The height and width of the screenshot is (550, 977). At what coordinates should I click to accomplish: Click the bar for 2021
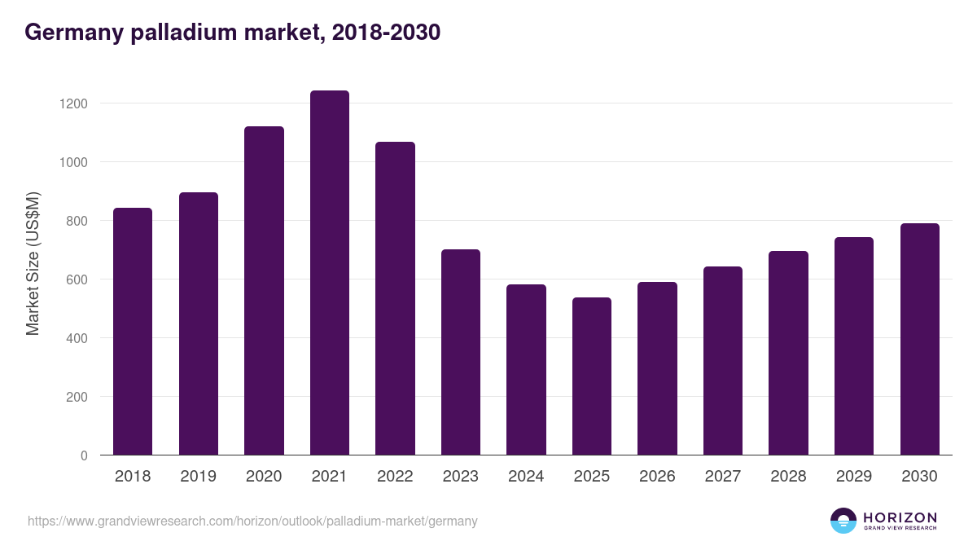coord(330,273)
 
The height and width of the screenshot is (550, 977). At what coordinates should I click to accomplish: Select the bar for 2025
coord(592,376)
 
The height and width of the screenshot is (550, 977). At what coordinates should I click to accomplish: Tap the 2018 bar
coord(133,332)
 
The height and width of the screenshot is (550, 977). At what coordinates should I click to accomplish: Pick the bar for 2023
coord(461,352)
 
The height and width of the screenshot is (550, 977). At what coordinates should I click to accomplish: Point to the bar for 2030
coord(920,339)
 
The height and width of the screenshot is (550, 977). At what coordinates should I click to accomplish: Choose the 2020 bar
coord(264,291)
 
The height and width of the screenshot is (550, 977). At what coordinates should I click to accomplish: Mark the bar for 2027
coord(723,361)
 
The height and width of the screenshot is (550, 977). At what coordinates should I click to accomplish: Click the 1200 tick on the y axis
coord(72,103)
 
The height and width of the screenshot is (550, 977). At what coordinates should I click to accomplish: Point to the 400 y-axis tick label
coord(77,338)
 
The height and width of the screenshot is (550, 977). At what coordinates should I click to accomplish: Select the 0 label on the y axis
coord(84,455)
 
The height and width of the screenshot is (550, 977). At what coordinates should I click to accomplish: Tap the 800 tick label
coord(77,221)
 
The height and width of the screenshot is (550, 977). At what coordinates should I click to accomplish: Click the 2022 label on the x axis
coord(395,477)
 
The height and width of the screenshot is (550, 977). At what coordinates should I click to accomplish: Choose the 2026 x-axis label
coord(657,477)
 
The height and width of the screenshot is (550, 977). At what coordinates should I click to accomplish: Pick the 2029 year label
coord(854,477)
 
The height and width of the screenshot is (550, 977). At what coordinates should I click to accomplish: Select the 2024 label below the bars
coord(526,477)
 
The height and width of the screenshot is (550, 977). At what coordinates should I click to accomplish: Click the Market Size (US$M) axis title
coord(33,262)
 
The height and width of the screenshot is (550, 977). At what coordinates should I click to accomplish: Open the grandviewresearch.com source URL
coord(252,521)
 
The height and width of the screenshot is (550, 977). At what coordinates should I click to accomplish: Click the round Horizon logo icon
coord(843,521)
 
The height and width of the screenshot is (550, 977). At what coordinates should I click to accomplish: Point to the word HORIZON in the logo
coord(900,517)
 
